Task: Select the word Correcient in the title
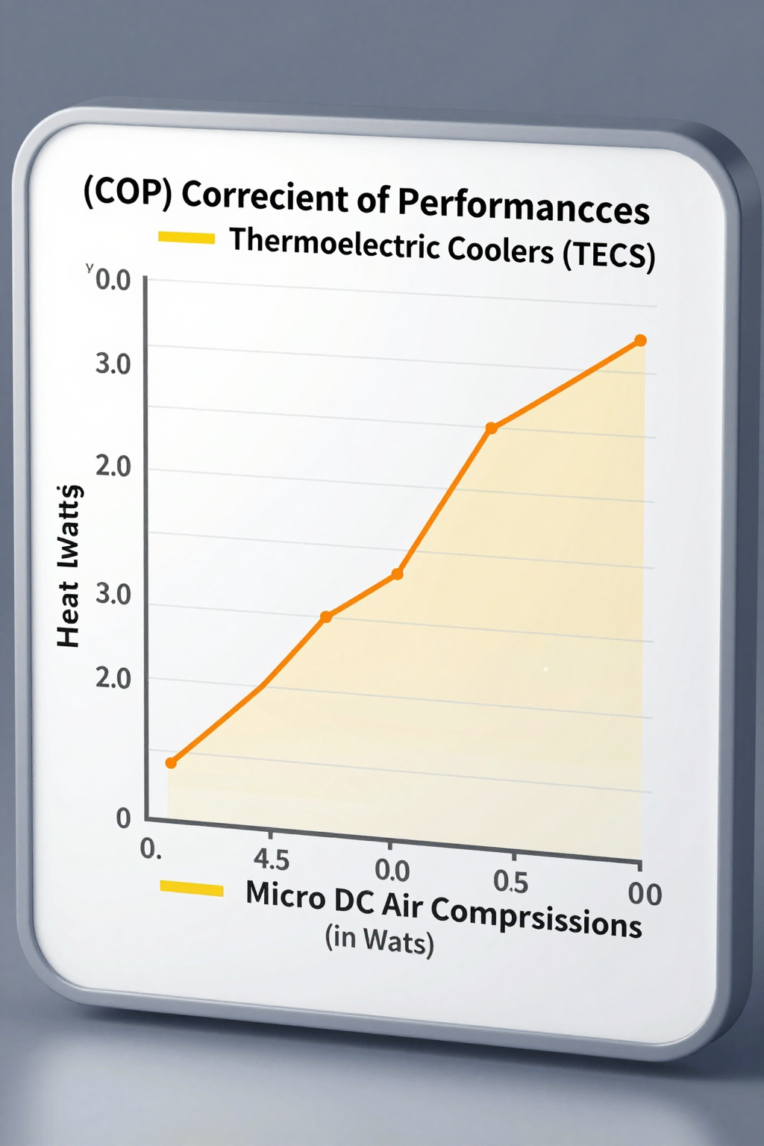click(x=264, y=196)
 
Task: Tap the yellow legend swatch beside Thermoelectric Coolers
click(x=187, y=238)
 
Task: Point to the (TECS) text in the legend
click(x=609, y=255)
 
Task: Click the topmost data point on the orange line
click(x=640, y=340)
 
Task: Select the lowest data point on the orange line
click(x=171, y=763)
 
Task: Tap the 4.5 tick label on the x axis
click(x=271, y=859)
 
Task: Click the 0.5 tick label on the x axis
click(x=511, y=882)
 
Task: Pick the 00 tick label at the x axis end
click(x=645, y=894)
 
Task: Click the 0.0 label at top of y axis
click(x=113, y=281)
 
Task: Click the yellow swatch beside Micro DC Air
click(x=192, y=889)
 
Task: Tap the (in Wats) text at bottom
click(x=379, y=940)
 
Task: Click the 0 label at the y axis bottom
click(x=123, y=818)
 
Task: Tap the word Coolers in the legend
click(x=501, y=249)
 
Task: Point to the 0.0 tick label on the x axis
click(x=392, y=871)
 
